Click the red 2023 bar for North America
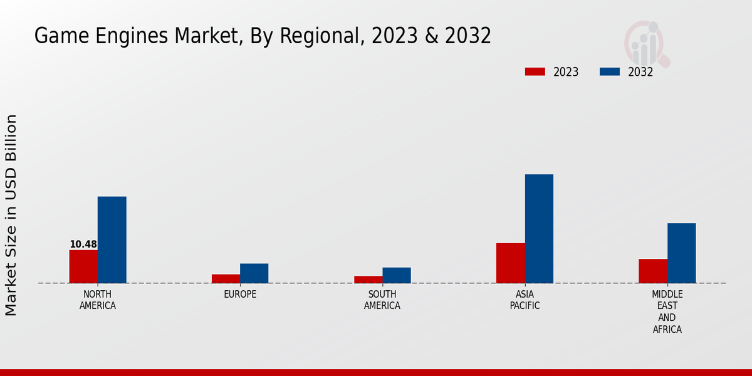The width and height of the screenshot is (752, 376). tap(83, 266)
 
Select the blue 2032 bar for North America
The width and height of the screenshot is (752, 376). tap(112, 239)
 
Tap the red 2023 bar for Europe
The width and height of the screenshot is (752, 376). tap(226, 278)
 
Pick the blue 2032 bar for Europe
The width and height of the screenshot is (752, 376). tap(254, 273)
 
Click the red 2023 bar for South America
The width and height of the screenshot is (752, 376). tap(368, 279)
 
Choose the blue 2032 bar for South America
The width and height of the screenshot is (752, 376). tap(397, 275)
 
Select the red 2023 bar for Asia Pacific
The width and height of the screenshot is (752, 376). tap(510, 263)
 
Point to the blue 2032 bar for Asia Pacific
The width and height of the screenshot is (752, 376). tap(539, 228)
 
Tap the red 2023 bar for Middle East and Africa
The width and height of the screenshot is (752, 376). tap(653, 271)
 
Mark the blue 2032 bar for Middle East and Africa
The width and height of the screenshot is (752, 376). tap(681, 253)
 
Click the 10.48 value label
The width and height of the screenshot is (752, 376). tap(83, 244)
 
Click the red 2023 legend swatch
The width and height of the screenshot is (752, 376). tap(535, 71)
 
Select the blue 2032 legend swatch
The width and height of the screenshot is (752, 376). tap(609, 71)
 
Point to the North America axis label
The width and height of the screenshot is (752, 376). tap(98, 300)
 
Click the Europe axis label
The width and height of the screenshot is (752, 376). tap(240, 295)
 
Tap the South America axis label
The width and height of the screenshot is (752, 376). tap(382, 300)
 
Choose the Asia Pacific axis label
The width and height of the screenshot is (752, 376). tap(525, 300)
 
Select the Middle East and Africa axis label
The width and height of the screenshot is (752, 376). tap(667, 312)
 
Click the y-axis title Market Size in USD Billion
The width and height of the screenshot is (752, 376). tap(11, 215)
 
